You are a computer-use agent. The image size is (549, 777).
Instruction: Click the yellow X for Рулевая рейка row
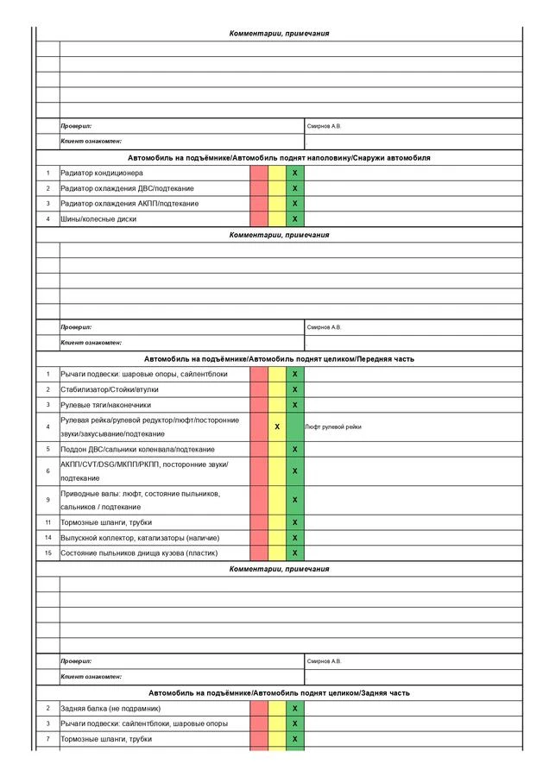tap(277, 426)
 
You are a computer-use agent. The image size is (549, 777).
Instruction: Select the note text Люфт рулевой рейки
tap(334, 426)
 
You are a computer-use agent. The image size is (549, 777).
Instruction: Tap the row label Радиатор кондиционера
tap(102, 173)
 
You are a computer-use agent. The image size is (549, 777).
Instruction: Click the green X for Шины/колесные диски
tap(295, 219)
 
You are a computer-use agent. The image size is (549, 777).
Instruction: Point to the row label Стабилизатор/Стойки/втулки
tap(110, 389)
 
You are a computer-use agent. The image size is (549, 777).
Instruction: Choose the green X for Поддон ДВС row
tap(295, 449)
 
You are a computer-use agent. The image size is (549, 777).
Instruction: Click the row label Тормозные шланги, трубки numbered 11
tap(106, 522)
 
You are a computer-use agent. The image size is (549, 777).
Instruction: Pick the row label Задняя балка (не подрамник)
tap(110, 708)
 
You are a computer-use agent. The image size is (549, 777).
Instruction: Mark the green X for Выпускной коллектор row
tap(295, 538)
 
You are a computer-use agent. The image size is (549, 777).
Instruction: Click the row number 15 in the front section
tap(48, 553)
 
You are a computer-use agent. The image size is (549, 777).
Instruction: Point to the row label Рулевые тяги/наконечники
tap(105, 404)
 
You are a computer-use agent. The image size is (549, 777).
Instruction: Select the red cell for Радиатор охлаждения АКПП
tap(259, 204)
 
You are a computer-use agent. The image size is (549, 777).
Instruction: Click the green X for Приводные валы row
tap(295, 500)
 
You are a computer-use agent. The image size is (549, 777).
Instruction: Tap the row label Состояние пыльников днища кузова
tap(139, 553)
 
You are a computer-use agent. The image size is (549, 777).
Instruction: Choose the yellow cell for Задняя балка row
tap(277, 708)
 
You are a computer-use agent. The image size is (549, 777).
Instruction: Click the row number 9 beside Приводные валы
tap(48, 500)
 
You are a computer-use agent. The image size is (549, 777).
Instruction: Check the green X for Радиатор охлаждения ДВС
tap(295, 188)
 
